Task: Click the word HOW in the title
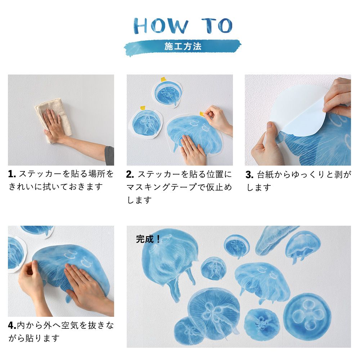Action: [161, 26]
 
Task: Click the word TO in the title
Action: [217, 26]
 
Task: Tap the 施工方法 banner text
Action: [183, 46]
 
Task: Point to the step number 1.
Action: [12, 174]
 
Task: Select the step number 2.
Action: [130, 175]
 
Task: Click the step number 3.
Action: [249, 175]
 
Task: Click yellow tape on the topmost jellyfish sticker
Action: [163, 80]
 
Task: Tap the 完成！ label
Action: [148, 239]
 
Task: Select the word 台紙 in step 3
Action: [265, 175]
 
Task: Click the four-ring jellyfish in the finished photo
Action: [307, 314]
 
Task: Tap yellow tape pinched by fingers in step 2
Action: [202, 114]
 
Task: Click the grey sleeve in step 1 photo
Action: [109, 156]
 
